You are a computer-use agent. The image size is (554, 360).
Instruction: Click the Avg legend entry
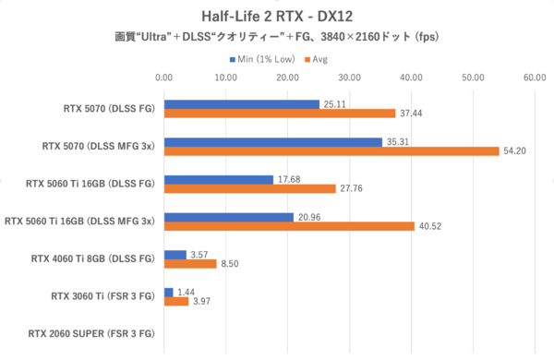[x=319, y=58]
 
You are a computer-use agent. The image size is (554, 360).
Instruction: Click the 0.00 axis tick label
[x=163, y=78]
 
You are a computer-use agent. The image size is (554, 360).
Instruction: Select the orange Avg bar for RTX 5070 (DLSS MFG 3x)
[x=331, y=151]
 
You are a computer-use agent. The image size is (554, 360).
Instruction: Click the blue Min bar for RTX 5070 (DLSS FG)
[x=241, y=104]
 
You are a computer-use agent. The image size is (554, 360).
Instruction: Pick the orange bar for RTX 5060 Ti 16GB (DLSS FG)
[x=249, y=189]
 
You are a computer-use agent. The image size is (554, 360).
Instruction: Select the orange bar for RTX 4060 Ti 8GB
[x=189, y=264]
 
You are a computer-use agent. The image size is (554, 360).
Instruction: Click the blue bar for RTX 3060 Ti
[x=168, y=292]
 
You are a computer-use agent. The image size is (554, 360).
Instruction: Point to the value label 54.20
[x=514, y=151]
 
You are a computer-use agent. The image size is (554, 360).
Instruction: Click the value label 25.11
[x=334, y=104]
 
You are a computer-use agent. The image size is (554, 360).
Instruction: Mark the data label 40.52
[x=429, y=227]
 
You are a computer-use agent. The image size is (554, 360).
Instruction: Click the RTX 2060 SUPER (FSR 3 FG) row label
[x=90, y=333]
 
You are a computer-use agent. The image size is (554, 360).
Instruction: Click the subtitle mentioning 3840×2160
[x=276, y=37]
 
